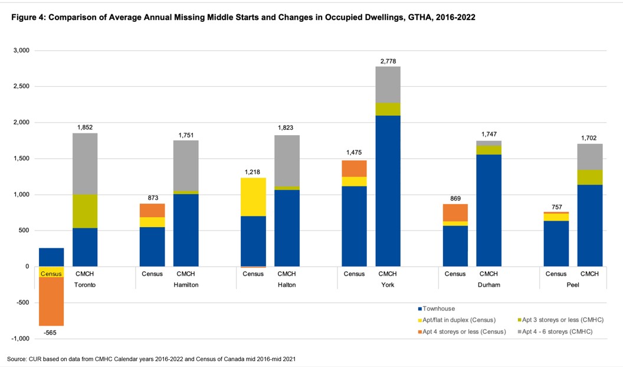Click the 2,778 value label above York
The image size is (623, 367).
point(388,61)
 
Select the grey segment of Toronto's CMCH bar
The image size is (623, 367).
point(85,163)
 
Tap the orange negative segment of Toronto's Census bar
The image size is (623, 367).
point(51,301)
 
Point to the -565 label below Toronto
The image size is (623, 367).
point(51,333)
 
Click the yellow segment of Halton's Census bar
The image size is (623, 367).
point(253,196)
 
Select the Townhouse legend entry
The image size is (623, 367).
point(439,309)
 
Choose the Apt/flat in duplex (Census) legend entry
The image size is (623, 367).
point(458,320)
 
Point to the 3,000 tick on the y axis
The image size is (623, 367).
point(21,51)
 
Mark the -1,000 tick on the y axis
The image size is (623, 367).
point(20,339)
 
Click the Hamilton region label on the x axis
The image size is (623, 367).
point(186,285)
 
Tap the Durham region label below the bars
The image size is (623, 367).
point(488,285)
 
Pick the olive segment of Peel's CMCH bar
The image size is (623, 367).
point(589,177)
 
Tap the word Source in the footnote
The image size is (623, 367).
point(17,359)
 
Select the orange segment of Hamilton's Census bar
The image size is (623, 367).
point(152,210)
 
